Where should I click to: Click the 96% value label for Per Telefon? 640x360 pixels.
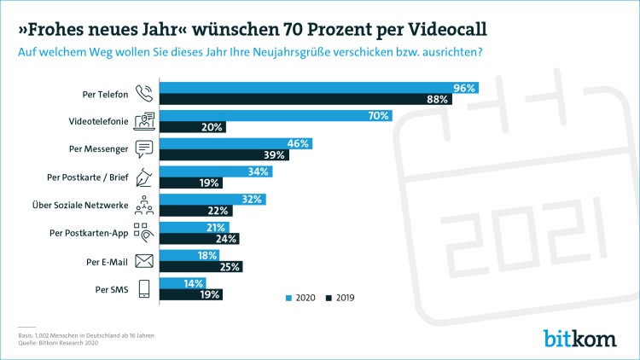point(465,88)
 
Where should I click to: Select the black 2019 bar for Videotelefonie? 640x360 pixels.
point(193,127)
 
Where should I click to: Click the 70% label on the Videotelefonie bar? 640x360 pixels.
point(379,116)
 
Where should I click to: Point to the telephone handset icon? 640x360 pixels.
point(144,94)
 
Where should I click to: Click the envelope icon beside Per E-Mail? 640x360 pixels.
point(144,261)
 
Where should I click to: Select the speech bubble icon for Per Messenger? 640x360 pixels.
point(144,149)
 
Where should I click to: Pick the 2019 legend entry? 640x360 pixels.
point(342,298)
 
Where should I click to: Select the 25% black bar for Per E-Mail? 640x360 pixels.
point(201,267)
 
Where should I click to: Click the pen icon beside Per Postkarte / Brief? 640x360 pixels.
point(144,177)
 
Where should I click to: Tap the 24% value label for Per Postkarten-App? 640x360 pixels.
point(228,239)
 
